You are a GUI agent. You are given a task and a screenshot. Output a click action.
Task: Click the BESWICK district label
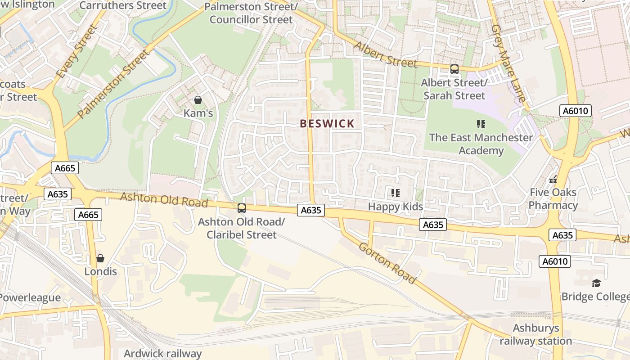click(327, 124)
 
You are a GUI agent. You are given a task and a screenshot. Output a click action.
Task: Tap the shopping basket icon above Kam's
click(198, 100)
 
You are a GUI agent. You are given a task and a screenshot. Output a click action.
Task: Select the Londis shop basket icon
click(100, 258)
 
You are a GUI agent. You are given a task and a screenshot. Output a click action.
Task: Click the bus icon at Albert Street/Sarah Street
click(454, 69)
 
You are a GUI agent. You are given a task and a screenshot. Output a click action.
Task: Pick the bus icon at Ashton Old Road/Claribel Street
click(242, 208)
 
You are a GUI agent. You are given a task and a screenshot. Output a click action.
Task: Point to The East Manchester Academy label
click(481, 144)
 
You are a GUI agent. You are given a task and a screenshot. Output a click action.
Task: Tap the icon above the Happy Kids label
click(395, 193)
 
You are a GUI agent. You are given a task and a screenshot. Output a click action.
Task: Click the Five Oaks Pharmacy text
click(553, 199)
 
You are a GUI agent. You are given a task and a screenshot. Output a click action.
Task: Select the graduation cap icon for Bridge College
click(596, 283)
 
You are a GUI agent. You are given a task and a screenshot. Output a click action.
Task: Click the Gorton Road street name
click(387, 262)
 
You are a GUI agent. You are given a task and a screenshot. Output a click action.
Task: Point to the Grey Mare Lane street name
click(508, 63)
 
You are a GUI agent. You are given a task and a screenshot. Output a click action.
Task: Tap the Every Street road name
click(76, 52)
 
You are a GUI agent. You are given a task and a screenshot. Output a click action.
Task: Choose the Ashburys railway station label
click(535, 334)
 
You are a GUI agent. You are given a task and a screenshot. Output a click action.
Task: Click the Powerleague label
click(30, 298)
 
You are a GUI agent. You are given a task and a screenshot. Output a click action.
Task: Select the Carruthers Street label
click(122, 6)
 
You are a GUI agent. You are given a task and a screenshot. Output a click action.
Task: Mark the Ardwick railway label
click(162, 353)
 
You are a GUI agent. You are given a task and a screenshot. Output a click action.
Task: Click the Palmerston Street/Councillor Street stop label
click(251, 13)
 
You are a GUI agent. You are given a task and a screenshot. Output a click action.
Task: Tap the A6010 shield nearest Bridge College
click(554, 261)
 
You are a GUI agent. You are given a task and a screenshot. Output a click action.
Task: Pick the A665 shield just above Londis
click(88, 215)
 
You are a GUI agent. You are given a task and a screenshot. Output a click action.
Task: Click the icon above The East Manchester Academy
click(481, 124)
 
